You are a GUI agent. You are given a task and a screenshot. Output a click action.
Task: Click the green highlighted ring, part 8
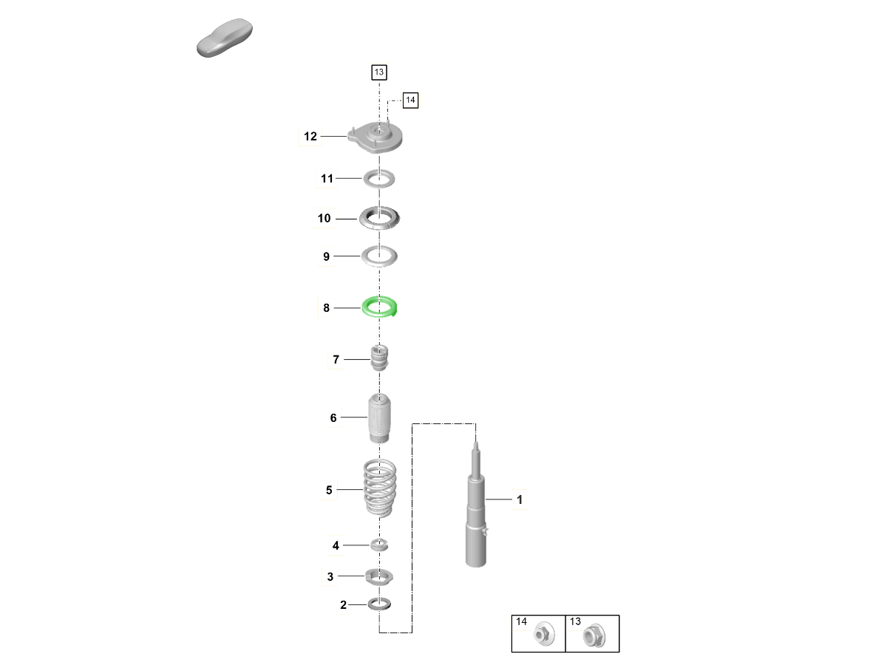click(379, 307)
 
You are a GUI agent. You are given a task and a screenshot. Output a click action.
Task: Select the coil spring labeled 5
click(379, 488)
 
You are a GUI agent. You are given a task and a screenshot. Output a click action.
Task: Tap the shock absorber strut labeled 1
click(476, 505)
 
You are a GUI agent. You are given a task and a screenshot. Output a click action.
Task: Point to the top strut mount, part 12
click(375, 137)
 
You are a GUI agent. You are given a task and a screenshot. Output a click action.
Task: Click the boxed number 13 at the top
click(379, 72)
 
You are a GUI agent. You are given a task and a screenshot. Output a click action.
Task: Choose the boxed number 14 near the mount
click(410, 100)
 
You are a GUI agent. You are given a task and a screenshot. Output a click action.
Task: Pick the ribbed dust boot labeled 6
click(379, 418)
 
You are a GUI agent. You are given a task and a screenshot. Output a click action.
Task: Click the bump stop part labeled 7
click(379, 358)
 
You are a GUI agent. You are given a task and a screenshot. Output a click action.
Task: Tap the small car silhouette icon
click(225, 38)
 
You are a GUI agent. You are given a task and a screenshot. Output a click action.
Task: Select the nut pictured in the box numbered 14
click(544, 634)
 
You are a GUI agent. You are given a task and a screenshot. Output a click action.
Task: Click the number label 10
click(324, 219)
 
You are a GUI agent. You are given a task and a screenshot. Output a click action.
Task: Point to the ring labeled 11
click(379, 179)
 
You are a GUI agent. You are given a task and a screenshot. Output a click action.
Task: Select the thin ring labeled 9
click(379, 256)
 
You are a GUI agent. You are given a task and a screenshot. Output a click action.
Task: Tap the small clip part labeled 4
click(379, 545)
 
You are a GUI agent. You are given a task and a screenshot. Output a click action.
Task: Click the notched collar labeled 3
click(379, 576)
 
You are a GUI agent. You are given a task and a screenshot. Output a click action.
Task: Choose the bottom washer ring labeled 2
click(379, 604)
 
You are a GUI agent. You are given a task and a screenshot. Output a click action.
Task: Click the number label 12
click(310, 137)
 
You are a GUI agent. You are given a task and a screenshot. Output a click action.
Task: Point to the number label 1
click(520, 500)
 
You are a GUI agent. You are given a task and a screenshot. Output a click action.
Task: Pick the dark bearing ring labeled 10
click(379, 219)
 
